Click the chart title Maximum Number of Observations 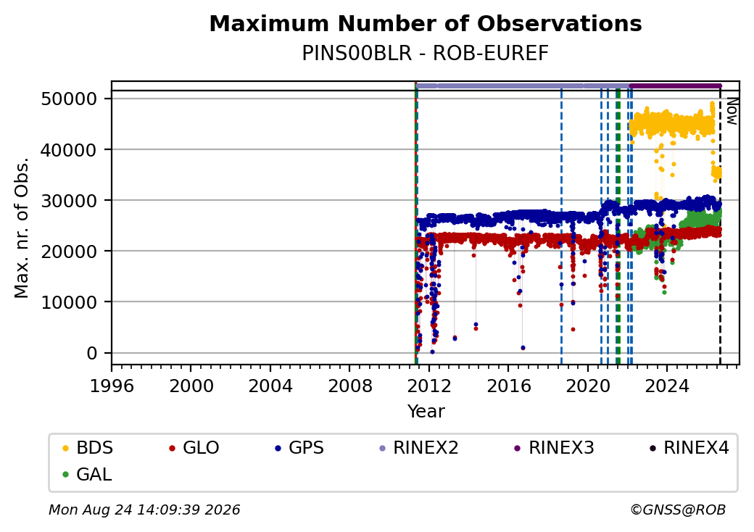coord(426,23)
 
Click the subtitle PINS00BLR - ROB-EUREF coord(425,54)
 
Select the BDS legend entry coord(88,448)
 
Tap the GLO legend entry coord(194,448)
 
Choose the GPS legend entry coord(299,448)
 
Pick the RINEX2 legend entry coord(419,448)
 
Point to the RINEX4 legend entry coord(689,448)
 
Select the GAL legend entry coord(87,474)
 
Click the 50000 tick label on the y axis coord(70,99)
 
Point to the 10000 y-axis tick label coord(70,302)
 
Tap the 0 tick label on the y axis coord(92,353)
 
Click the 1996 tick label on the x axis coord(112,386)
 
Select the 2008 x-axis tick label coord(349,386)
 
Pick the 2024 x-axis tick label coord(667,386)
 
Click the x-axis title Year coord(426,412)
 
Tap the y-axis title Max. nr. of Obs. coord(22,228)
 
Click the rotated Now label coord(732,111)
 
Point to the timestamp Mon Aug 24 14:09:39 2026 coord(144,510)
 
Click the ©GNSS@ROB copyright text coord(678,510)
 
